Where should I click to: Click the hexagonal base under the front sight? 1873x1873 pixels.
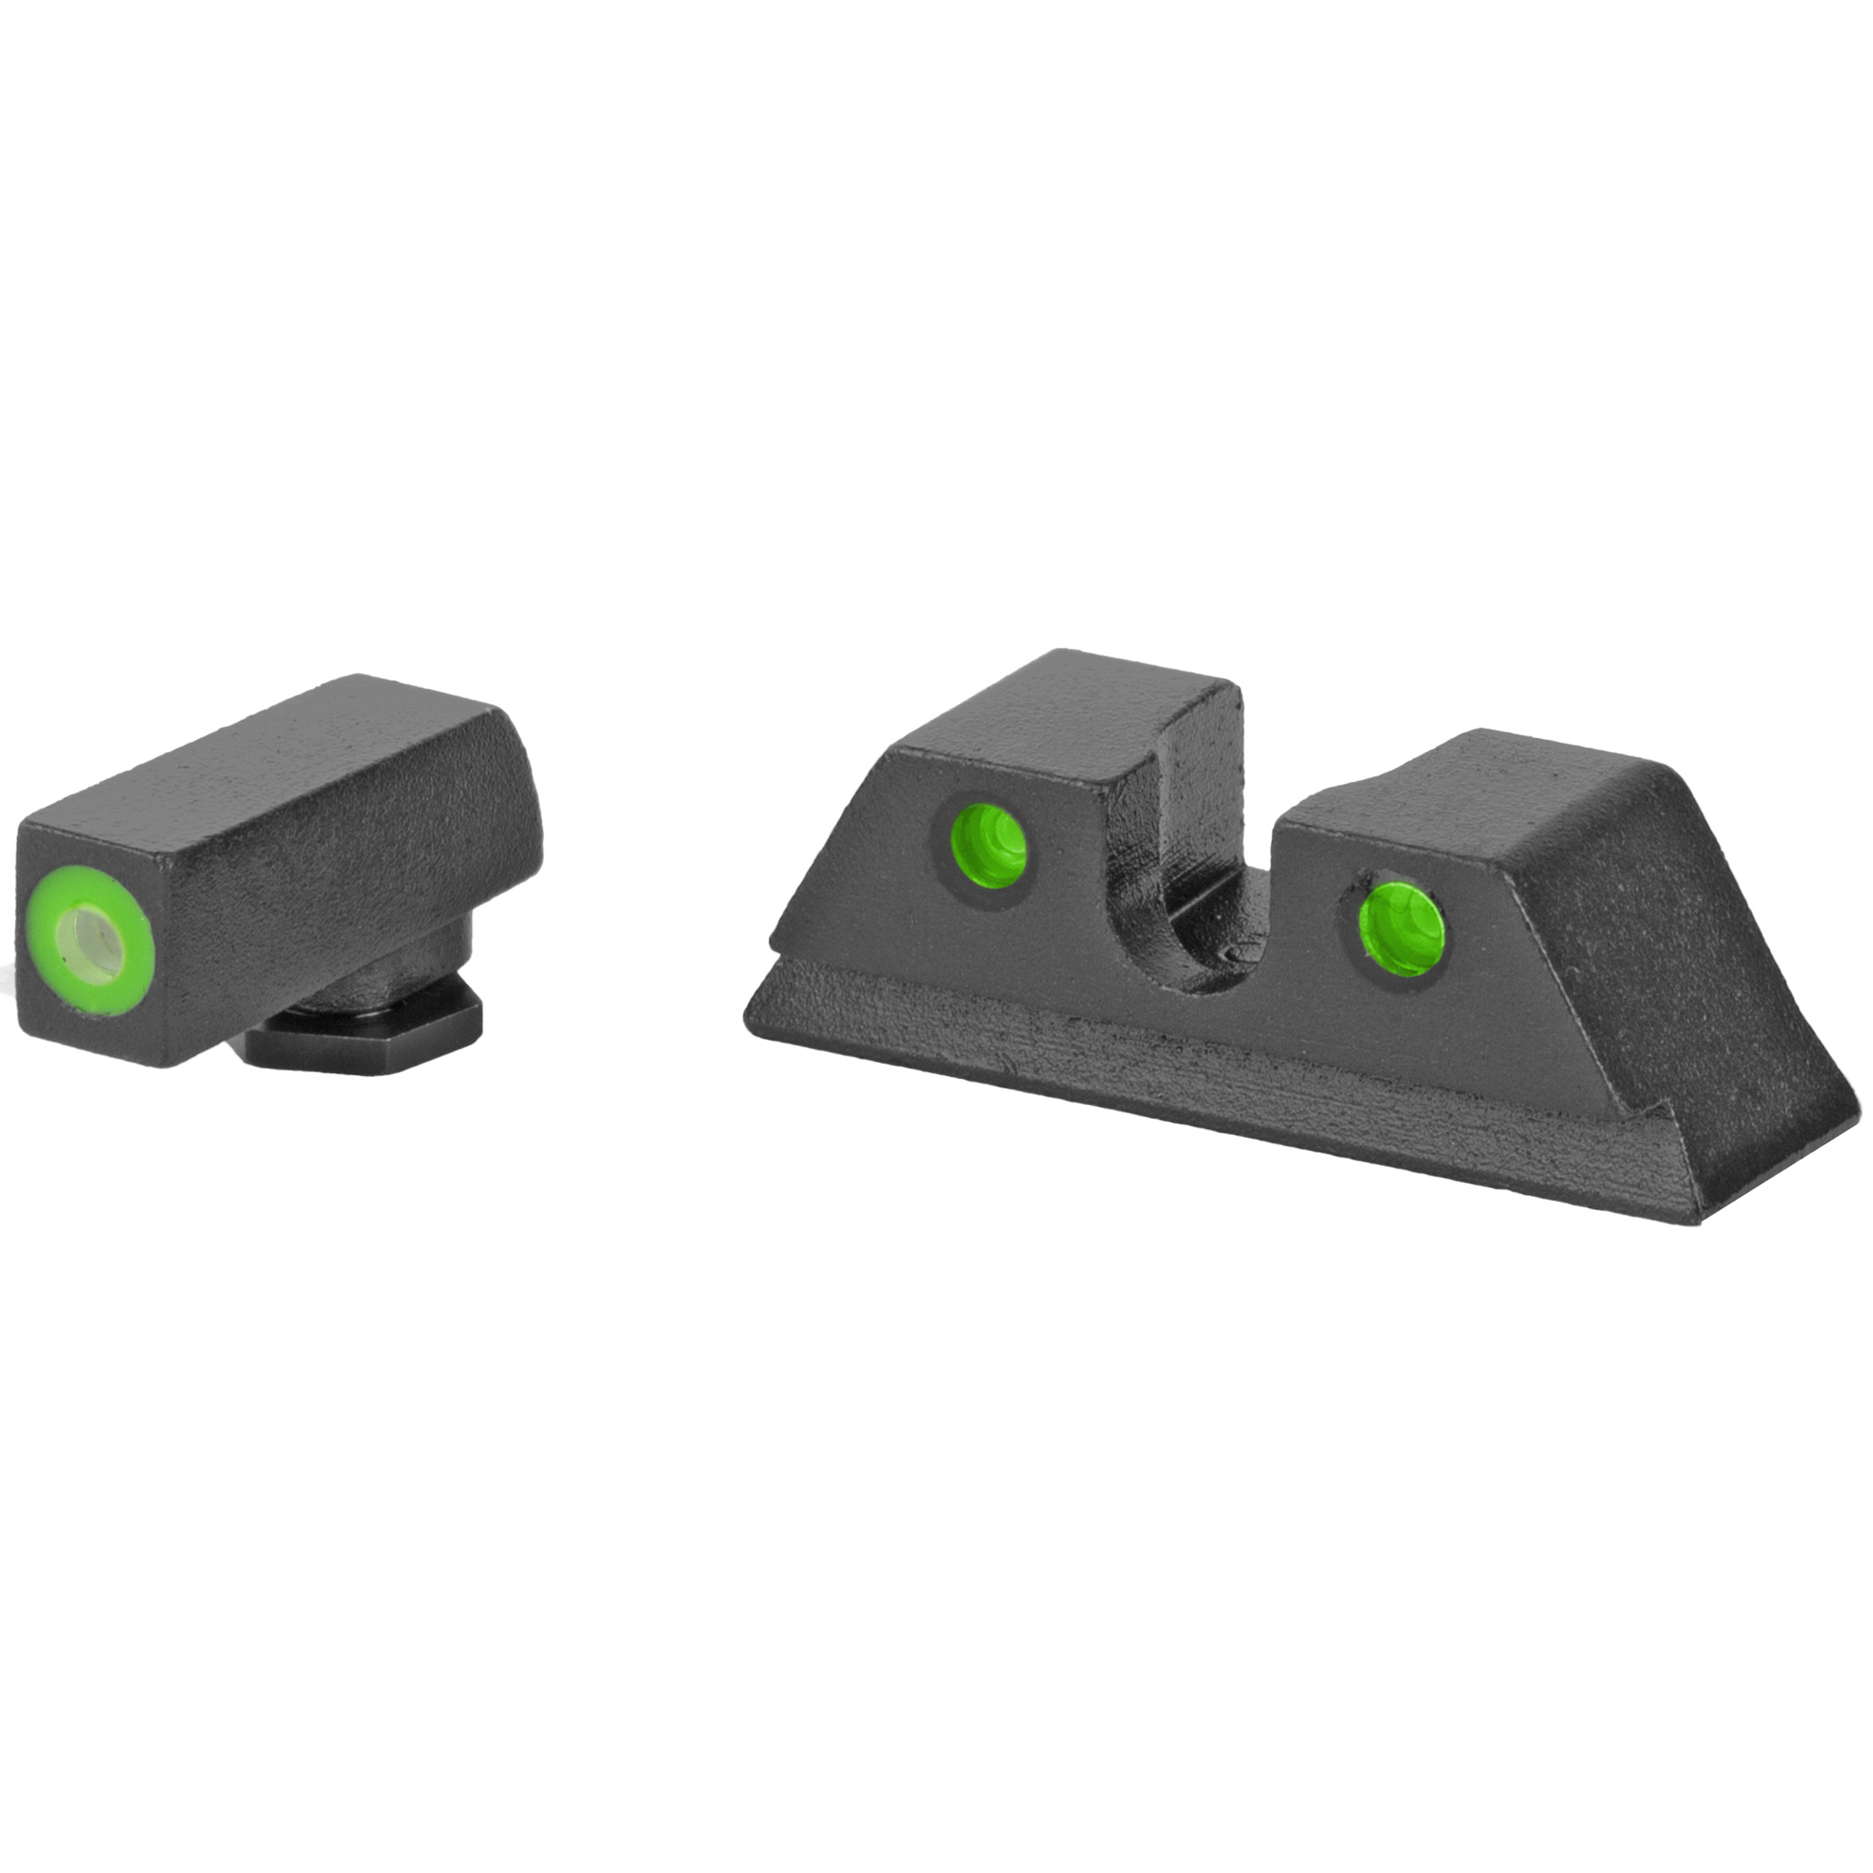(x=368, y=1044)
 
